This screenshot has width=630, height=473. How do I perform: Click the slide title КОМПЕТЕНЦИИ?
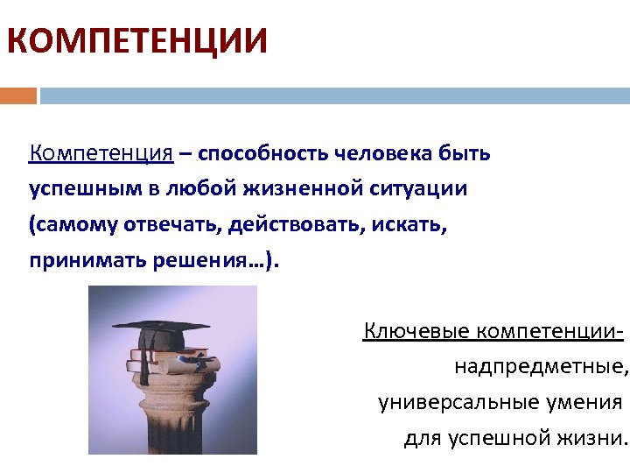[x=136, y=41]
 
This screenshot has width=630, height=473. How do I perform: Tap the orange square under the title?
[x=17, y=95]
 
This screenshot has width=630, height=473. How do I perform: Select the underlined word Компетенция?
[x=101, y=154]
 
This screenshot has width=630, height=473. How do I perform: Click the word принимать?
[x=82, y=261]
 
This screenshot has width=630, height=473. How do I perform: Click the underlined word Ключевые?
[x=413, y=331]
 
